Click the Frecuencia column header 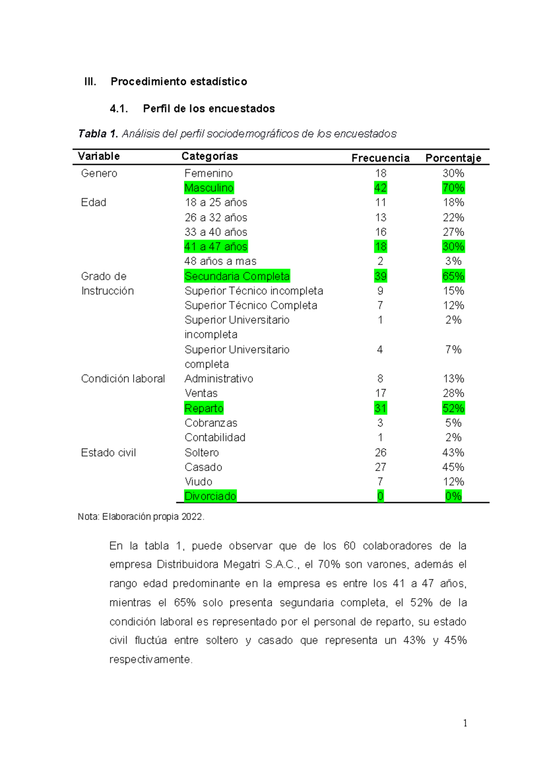tap(380, 158)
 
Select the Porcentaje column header tap(453, 158)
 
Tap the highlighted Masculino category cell tap(209, 188)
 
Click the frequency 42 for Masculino tap(380, 188)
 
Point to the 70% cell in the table tap(453, 188)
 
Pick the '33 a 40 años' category tap(216, 232)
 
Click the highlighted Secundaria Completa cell tap(237, 276)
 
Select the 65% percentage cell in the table tap(453, 276)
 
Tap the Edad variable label tap(94, 202)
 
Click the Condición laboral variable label tap(123, 379)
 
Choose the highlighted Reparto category tap(204, 408)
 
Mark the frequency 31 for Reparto tap(380, 408)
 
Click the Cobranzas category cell tap(211, 423)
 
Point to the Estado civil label tap(108, 452)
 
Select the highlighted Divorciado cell tap(210, 496)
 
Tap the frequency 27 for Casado tap(380, 467)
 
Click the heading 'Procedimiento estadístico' tap(178, 81)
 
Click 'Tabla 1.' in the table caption tap(98, 134)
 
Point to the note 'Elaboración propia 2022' tap(153, 516)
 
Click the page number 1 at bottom tap(465, 723)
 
